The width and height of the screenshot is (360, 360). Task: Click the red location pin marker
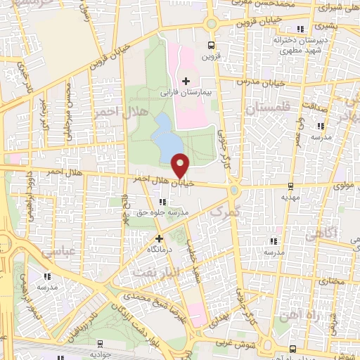181,165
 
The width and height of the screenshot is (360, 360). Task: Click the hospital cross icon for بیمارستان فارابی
186,82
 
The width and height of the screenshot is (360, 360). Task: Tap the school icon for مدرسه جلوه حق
164,202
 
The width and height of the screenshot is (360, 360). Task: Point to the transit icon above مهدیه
291,186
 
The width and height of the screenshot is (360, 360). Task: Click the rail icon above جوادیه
101,344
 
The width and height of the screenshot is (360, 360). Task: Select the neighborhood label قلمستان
266,108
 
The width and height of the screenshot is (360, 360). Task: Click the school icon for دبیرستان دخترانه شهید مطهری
301,30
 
